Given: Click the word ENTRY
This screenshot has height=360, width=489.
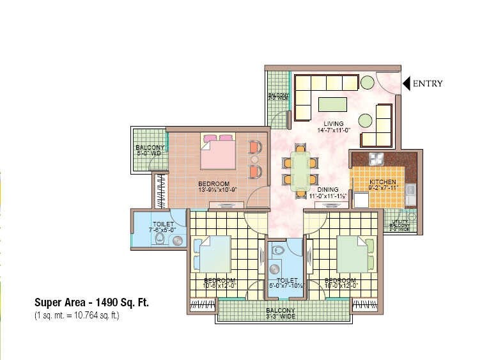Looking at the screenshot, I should coord(428,83).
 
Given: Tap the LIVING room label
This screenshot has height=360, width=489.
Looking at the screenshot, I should coord(333,123).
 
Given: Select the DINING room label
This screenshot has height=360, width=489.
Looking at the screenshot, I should coord(327,189).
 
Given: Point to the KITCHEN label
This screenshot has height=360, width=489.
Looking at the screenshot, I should coord(383,183).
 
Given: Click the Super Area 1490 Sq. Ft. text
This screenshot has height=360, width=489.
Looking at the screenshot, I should coord(91,303).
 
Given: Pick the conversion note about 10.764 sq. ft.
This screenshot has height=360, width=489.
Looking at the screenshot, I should coord(77,315).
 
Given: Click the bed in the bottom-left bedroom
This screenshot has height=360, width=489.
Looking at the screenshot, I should coord(212,253).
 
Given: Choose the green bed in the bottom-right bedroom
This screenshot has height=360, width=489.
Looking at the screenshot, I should coord(352,253).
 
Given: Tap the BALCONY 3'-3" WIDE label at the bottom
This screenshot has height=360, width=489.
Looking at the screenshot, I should coord(281,313).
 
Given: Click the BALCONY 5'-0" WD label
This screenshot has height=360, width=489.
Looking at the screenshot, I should coord(150,151).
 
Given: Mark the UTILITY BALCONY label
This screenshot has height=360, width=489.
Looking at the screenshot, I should coord(401,224).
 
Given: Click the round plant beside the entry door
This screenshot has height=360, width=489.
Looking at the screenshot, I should coord(367,82).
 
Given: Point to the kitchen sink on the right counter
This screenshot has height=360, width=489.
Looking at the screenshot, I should coord(410,190).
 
